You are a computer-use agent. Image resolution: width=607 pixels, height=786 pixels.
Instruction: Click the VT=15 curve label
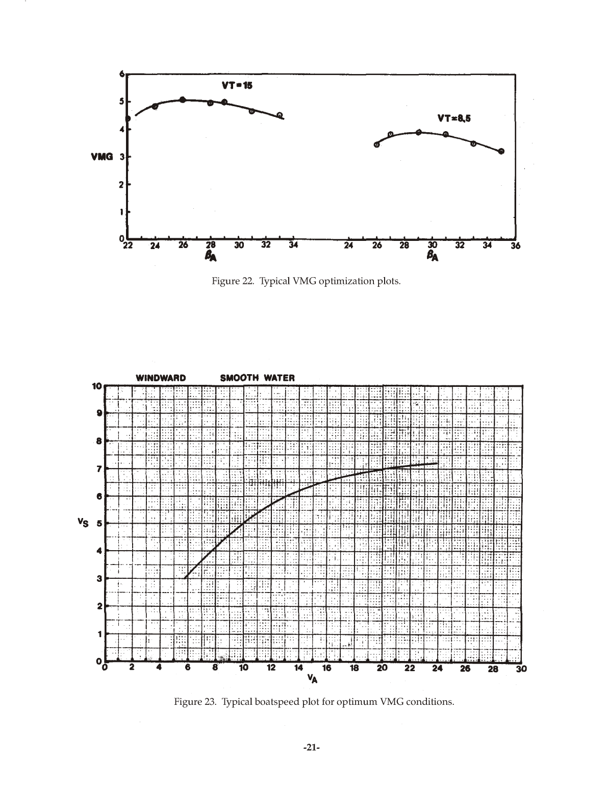(237, 86)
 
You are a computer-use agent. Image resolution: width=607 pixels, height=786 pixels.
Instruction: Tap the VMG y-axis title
(102, 157)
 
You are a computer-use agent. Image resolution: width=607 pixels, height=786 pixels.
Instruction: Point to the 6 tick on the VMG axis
(121, 74)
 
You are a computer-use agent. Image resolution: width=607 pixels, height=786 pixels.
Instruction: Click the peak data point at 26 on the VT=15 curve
(183, 100)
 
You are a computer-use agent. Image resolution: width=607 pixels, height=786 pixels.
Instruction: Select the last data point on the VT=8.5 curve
(501, 151)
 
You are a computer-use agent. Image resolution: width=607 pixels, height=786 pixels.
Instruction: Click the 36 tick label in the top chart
(515, 246)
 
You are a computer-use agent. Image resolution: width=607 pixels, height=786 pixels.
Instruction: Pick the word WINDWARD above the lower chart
(161, 378)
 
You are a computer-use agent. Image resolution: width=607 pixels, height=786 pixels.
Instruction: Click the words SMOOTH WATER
(257, 378)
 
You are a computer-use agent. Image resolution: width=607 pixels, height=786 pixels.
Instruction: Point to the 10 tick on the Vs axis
(96, 386)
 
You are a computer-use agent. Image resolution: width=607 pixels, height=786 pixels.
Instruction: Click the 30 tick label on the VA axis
(521, 669)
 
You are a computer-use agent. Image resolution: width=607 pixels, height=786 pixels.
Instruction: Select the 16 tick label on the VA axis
(326, 668)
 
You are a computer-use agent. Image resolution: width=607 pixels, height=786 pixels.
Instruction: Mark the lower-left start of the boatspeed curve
(185, 578)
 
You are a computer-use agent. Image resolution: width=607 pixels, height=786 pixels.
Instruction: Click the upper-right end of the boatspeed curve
(437, 463)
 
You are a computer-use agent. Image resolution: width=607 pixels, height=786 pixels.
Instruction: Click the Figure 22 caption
(306, 281)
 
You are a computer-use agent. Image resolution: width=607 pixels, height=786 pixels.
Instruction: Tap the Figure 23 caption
(314, 701)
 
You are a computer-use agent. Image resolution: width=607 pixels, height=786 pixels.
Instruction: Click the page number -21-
(311, 748)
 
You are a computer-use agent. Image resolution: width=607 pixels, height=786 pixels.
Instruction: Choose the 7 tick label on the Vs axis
(99, 469)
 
